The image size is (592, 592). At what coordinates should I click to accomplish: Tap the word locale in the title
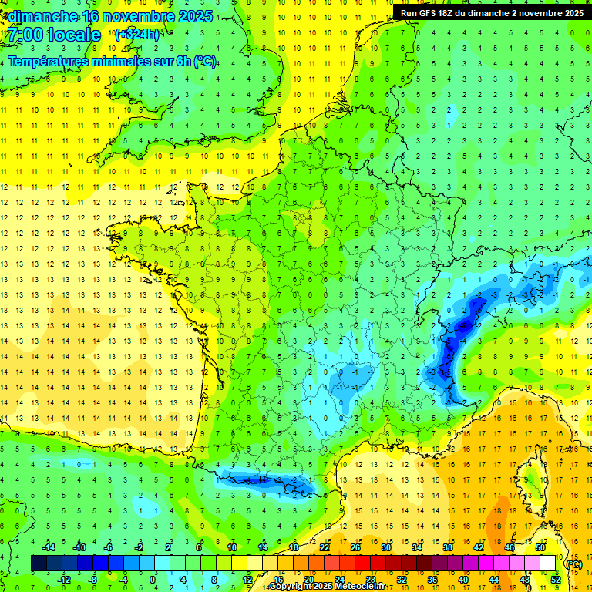click(75, 35)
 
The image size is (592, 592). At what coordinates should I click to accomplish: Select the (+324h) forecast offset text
click(136, 34)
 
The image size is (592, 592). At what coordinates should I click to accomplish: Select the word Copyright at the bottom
click(291, 587)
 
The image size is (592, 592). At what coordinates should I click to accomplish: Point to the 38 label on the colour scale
click(448, 547)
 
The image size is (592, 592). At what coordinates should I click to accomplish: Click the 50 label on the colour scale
click(540, 547)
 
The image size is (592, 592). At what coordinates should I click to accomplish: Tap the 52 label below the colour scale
click(556, 580)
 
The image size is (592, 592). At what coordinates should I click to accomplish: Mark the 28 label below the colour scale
click(371, 580)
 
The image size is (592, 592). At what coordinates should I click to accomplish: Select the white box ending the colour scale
click(548, 563)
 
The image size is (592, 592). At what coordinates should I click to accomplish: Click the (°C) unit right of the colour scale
click(573, 563)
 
